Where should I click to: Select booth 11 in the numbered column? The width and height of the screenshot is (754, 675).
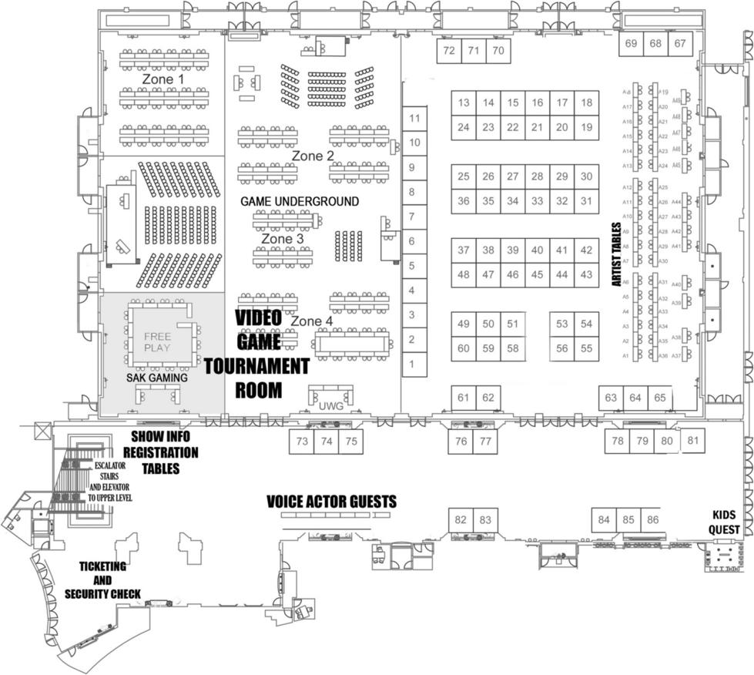click(x=415, y=118)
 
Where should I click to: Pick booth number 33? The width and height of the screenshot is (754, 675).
click(x=538, y=201)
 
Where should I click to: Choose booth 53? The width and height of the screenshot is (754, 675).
click(x=562, y=324)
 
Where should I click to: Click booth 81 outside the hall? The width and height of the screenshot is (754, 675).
click(x=693, y=441)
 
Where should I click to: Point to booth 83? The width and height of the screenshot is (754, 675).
click(x=485, y=520)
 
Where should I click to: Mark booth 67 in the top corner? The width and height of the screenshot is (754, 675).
click(x=680, y=44)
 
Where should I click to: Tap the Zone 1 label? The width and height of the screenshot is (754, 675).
click(x=163, y=79)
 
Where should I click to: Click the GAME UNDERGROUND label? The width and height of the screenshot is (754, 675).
click(x=299, y=202)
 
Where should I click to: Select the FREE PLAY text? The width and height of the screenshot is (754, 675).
click(x=157, y=342)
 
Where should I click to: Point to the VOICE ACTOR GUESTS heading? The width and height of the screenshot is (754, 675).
click(x=331, y=502)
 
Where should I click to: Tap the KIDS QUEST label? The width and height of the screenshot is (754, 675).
click(x=726, y=522)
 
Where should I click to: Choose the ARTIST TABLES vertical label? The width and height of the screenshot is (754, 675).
click(x=617, y=255)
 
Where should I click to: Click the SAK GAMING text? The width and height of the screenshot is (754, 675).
click(x=157, y=378)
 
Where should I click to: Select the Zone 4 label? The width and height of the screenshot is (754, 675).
click(x=313, y=321)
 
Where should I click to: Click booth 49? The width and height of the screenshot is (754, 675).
click(x=464, y=324)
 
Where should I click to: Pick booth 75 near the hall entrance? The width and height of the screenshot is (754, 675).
click(x=351, y=442)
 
